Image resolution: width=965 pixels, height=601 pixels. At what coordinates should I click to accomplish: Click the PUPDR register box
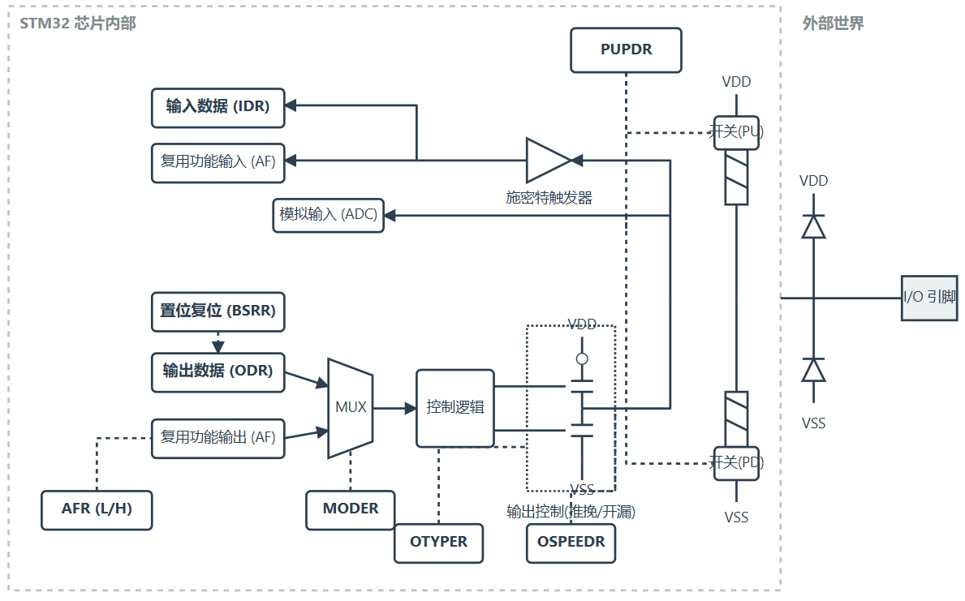626,49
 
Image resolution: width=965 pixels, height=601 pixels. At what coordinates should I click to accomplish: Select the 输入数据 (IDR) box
218,108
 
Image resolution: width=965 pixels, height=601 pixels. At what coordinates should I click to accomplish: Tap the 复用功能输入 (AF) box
218,163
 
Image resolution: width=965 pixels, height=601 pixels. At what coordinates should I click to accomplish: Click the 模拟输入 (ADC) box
328,215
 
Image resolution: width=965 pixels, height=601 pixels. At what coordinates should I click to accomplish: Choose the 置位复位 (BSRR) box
218,312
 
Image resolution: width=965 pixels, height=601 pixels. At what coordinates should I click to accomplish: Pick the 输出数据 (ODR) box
218,372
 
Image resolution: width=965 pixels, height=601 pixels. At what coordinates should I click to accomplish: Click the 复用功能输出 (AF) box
218,439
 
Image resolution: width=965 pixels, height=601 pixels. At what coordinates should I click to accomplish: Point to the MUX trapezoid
350,408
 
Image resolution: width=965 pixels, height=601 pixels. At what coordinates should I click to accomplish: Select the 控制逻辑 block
454,408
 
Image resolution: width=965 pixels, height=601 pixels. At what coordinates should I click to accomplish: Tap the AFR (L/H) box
97,510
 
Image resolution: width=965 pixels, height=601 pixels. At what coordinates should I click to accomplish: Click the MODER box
350,510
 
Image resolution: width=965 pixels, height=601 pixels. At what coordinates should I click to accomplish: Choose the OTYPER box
438,543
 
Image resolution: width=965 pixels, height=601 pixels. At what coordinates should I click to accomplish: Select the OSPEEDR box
571,543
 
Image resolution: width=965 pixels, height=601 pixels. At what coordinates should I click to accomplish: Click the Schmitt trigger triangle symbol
549,161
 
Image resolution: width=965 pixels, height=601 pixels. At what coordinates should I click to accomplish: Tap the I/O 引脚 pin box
929,298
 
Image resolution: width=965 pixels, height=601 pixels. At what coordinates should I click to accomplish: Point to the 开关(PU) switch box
736,132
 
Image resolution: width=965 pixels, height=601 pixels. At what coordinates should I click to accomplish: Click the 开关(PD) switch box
736,463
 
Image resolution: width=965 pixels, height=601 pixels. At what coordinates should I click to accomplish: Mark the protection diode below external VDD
813,225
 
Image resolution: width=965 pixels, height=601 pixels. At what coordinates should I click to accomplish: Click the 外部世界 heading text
833,24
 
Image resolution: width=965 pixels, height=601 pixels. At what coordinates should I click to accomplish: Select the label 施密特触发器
549,198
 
